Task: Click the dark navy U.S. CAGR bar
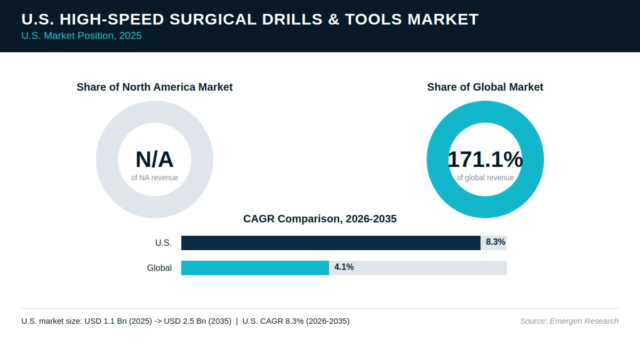[331, 243]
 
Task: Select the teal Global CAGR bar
[255, 268]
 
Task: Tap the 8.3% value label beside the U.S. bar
[495, 242]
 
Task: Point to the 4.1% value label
[344, 267]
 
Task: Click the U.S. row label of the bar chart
[163, 243]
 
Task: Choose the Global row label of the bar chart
[159, 268]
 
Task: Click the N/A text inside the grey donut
[155, 159]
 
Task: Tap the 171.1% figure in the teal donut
[485, 159]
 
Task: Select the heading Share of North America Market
[155, 87]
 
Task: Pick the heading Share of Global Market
[485, 87]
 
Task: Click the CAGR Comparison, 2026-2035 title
[320, 219]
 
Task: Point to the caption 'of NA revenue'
[155, 178]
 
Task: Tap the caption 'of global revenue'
[485, 178]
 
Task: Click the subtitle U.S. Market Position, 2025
[82, 36]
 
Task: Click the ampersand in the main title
[334, 19]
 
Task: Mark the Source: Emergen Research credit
[569, 321]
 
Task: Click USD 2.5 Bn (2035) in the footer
[197, 321]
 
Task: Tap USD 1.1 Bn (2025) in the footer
[118, 321]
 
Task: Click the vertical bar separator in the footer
[237, 321]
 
